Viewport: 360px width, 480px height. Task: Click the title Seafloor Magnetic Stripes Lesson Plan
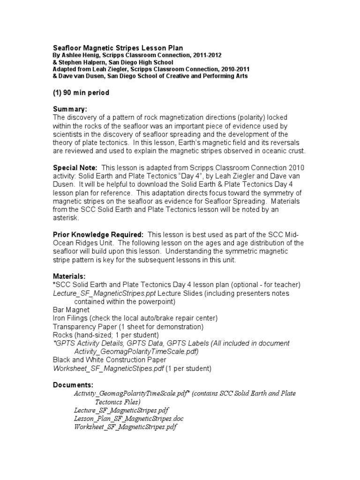(x=117, y=48)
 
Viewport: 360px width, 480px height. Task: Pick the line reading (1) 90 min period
(x=81, y=93)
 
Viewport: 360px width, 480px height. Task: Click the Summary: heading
(x=70, y=109)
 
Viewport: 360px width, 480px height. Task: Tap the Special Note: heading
(x=75, y=167)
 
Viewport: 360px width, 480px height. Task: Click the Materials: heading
(x=69, y=277)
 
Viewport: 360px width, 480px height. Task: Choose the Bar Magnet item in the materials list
(x=71, y=310)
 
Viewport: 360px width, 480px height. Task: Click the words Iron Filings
(x=72, y=318)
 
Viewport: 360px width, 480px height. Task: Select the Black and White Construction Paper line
(x=109, y=360)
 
